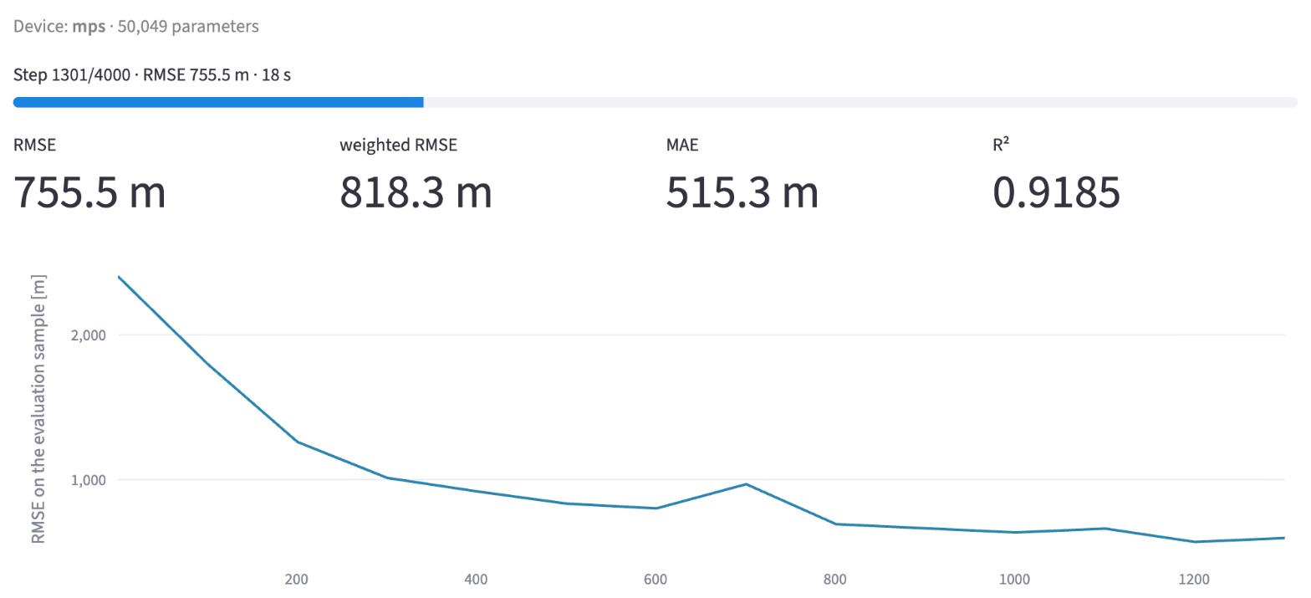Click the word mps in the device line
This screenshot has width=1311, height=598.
click(89, 27)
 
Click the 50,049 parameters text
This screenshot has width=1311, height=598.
click(188, 27)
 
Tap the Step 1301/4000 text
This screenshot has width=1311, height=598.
click(72, 75)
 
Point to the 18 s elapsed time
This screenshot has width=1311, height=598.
click(276, 75)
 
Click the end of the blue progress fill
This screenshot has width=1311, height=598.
click(423, 103)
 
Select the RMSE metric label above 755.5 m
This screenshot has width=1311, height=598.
click(34, 145)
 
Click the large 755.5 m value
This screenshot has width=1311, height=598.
click(89, 192)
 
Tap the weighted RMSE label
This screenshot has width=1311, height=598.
click(398, 145)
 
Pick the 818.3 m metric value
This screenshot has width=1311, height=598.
click(416, 192)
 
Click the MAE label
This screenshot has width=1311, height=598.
click(682, 145)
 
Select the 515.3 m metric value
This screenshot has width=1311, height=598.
click(742, 192)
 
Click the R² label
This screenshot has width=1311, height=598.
click(1001, 144)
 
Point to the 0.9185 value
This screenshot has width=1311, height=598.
click(1057, 192)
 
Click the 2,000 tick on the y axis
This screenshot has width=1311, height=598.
click(89, 335)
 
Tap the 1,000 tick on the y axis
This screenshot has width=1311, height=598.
click(89, 480)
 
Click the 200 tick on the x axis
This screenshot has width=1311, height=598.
click(297, 580)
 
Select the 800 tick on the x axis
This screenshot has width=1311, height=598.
click(834, 580)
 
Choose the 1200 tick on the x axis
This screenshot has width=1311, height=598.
click(1194, 580)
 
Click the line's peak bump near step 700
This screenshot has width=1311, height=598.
click(746, 484)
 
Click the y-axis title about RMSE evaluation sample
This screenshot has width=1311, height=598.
click(38, 409)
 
